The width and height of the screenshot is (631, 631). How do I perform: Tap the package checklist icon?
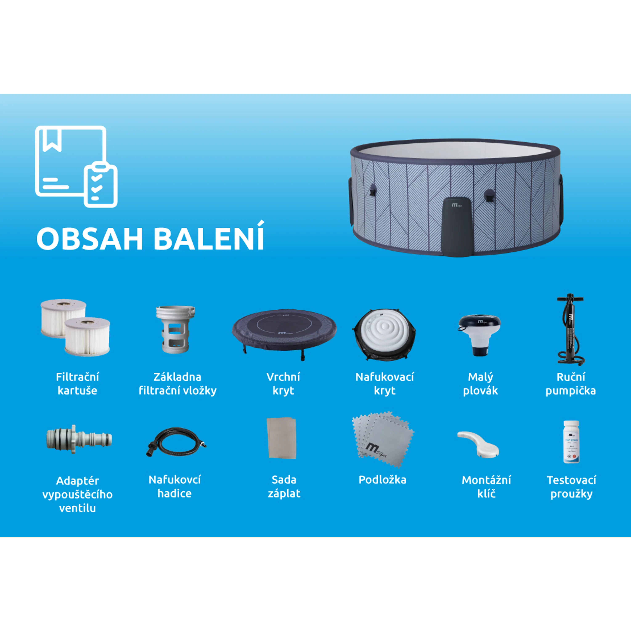pos(76,167)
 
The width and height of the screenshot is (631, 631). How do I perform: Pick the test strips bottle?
pos(571,441)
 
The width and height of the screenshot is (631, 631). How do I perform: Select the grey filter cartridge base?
pos(175,329)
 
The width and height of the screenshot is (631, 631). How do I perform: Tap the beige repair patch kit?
pos(282,438)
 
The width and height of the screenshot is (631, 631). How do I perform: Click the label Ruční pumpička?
pos(571,384)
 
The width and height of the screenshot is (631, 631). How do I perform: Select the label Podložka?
pos(382,480)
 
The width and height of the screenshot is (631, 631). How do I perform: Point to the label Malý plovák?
pos(480,384)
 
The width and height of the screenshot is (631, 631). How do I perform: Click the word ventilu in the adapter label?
pos(77,508)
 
